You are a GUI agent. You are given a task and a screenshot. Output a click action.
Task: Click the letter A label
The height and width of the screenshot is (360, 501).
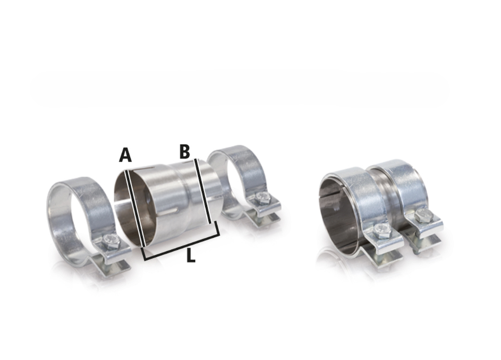125,155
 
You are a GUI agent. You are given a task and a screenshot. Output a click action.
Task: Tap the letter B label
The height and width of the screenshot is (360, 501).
185,152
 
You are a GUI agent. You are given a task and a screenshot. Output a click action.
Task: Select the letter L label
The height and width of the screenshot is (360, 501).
191,256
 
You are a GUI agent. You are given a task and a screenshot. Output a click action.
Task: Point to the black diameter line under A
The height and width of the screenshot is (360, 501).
136,208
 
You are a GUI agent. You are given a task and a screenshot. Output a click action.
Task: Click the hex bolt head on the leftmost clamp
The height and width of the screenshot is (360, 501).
111,241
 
